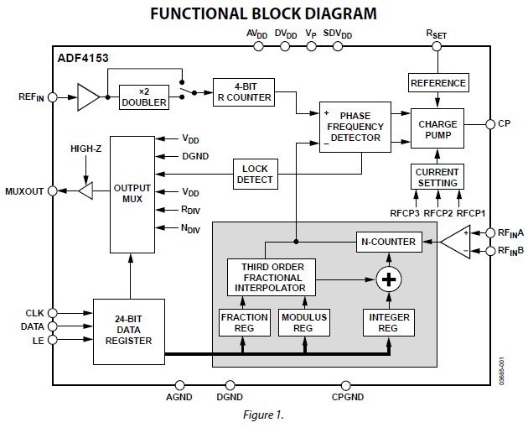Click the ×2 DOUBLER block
tap(143, 97)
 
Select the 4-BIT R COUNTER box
tap(244, 90)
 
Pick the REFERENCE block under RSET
tap(437, 82)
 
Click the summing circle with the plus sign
tap(386, 278)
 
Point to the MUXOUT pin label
tap(24, 191)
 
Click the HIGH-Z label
tap(87, 148)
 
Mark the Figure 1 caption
tap(263, 415)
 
